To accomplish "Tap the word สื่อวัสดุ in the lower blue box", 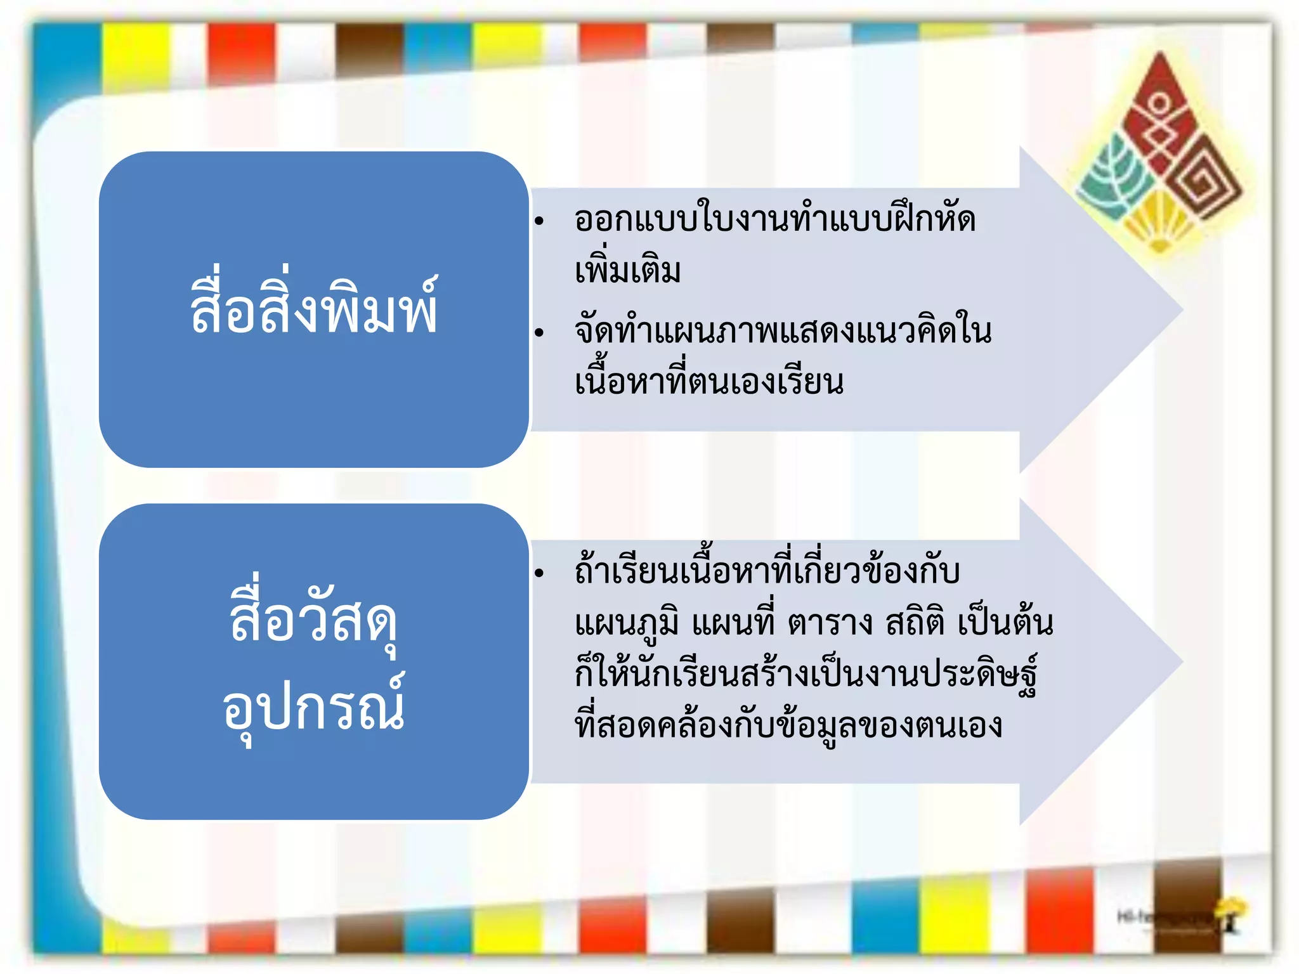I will click(313, 618).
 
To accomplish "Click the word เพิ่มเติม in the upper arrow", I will click(628, 269).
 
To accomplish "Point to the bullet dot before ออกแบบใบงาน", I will click(539, 221).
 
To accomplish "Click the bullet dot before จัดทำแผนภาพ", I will click(539, 332).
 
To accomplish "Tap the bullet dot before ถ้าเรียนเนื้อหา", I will click(539, 573).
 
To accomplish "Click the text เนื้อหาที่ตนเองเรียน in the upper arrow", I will click(709, 382).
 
